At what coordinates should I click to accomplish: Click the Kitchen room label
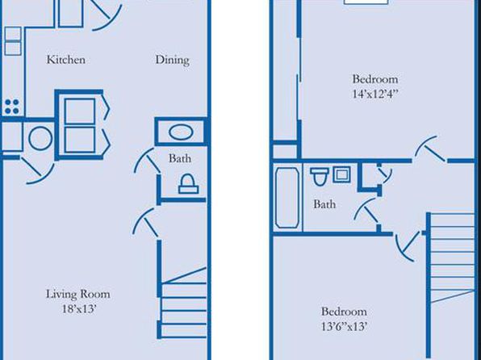[x=66, y=59]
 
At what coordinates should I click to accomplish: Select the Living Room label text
[x=78, y=294]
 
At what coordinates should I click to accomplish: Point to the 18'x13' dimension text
[x=79, y=309]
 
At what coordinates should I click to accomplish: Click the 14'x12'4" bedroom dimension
[x=375, y=94]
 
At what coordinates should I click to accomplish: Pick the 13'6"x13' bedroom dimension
[x=344, y=326]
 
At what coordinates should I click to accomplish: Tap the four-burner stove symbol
[x=12, y=107]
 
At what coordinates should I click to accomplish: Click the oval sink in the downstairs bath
[x=181, y=132]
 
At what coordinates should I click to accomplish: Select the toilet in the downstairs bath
[x=188, y=184]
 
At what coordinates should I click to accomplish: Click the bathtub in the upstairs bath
[x=287, y=197]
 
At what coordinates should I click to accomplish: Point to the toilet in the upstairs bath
[x=320, y=177]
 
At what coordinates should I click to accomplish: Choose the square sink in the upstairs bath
[x=341, y=174]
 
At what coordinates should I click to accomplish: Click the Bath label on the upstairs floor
[x=324, y=204]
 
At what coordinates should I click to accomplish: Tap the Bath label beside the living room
[x=180, y=158]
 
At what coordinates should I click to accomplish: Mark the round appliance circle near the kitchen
[x=40, y=139]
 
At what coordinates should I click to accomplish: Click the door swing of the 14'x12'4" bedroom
[x=429, y=149]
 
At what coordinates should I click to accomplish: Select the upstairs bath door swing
[x=366, y=210]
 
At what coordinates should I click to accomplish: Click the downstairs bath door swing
[x=147, y=161]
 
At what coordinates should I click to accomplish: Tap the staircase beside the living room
[x=183, y=303]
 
